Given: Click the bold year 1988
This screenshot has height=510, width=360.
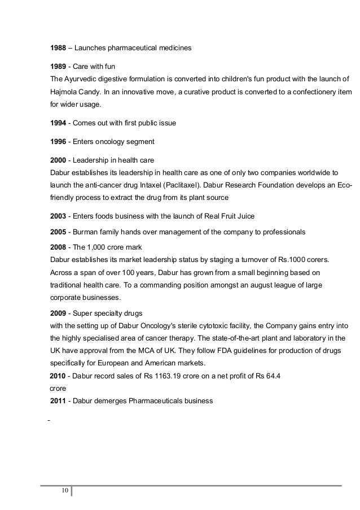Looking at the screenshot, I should coord(59,49).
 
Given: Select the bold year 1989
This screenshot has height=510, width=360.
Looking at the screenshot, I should coord(59,67).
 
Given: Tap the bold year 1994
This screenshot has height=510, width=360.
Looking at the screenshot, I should coord(59,123).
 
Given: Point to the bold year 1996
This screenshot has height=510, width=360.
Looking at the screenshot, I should coord(59,141).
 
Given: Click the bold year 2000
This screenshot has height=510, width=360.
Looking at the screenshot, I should coord(59,160).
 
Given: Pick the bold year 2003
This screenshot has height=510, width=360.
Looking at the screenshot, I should coord(59,216).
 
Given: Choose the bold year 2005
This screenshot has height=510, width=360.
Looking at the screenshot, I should coord(59,232).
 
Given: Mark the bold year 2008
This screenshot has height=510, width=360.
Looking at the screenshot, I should coord(59,248).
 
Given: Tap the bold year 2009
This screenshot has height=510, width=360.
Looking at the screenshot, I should coord(59,313).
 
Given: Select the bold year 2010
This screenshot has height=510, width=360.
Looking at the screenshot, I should coord(59,376).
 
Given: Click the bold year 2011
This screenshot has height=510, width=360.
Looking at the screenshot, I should coord(59,401).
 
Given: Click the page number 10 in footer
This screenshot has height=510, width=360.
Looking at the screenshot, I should coord(64,490).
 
